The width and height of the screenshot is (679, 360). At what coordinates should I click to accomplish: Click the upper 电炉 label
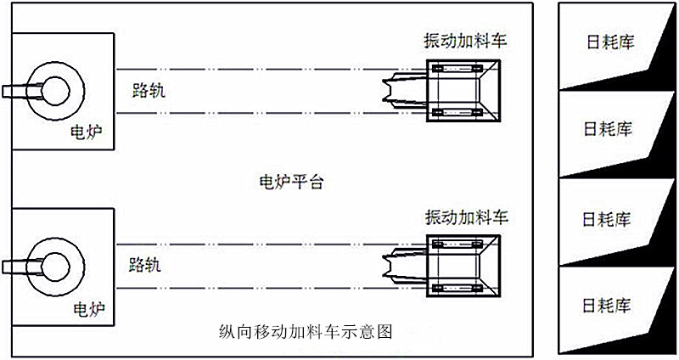click(87, 133)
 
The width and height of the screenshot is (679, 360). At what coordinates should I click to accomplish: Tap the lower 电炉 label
click(87, 309)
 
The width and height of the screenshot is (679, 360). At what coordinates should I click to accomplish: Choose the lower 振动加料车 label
click(466, 216)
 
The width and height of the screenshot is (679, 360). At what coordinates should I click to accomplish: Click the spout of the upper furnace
click(15, 90)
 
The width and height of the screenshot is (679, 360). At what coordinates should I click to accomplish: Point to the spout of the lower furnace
click(15, 266)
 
